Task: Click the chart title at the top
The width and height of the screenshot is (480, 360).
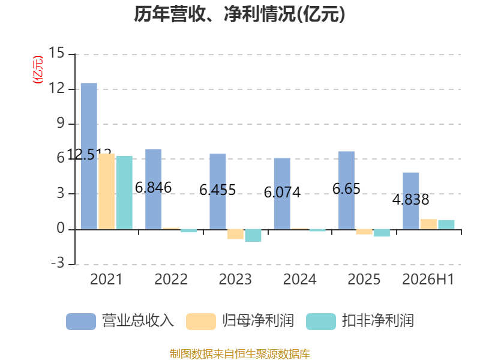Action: point(239,14)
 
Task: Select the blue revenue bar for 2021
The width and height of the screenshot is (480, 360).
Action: point(89,156)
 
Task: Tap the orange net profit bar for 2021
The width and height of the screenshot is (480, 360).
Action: point(107,191)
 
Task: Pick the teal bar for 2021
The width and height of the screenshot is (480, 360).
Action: point(124,193)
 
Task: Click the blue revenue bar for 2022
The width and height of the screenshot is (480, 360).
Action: point(154,189)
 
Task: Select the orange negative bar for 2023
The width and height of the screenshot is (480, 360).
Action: point(235,234)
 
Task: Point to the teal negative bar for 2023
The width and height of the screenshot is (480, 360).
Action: point(253,235)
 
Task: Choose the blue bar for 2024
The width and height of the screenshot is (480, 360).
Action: point(282,194)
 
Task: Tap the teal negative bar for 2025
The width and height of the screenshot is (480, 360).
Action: point(382,233)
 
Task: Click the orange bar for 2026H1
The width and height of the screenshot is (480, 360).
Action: point(428,224)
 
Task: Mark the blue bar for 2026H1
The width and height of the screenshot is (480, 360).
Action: point(411,201)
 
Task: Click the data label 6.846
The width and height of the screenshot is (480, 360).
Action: point(154,188)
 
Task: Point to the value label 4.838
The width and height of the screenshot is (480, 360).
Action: point(411,200)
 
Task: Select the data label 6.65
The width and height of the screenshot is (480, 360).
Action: point(347,189)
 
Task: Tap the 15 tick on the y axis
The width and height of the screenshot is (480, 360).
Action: point(56,53)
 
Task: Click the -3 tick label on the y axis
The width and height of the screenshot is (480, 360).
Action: point(58,263)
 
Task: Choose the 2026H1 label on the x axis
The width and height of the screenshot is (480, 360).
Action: point(428,279)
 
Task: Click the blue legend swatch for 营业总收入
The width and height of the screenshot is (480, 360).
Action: point(81,322)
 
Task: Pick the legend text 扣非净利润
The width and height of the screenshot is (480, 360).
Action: point(378,321)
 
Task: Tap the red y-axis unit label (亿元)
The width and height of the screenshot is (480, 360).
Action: point(38,70)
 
